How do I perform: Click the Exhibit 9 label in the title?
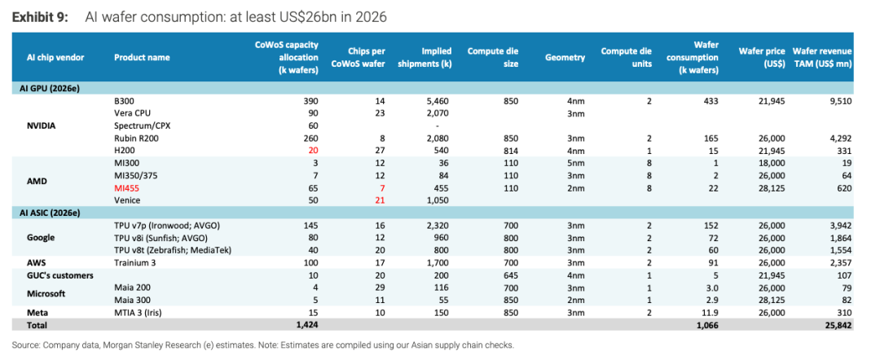(x=40, y=18)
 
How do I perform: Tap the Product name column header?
(x=142, y=57)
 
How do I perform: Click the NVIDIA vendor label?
(x=42, y=125)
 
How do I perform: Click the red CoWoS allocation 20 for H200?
(x=313, y=151)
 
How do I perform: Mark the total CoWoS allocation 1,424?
(x=307, y=325)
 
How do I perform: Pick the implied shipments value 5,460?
(x=440, y=102)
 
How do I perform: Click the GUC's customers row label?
(x=60, y=275)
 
